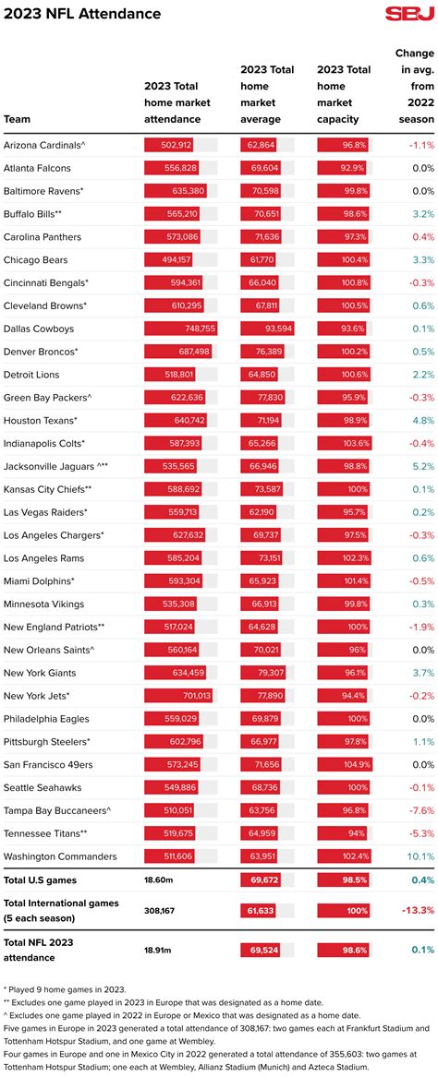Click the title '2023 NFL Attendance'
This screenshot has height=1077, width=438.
tap(81, 15)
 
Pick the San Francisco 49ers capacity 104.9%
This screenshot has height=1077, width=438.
tap(352, 765)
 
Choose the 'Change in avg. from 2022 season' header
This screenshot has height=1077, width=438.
tap(414, 88)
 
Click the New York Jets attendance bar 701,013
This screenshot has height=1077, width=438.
tap(178, 696)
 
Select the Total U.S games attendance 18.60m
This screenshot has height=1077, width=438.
tap(157, 880)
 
